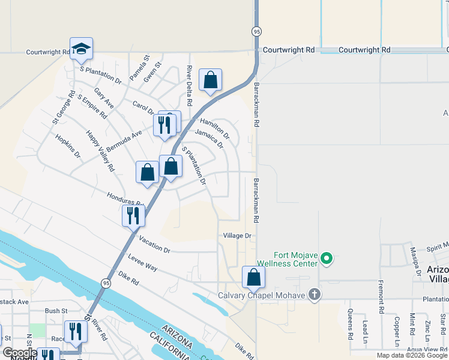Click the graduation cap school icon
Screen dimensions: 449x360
pos(81,49)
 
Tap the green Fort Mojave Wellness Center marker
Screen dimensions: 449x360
pos(327,259)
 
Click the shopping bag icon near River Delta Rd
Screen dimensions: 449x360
pos(210,80)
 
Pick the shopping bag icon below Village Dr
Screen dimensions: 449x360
pos(253,278)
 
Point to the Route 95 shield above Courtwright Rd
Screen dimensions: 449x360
pos(256,31)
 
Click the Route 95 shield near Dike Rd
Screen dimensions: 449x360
pos(106,283)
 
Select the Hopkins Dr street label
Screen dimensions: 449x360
pos(68,146)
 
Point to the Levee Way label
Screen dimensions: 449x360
pos(143,262)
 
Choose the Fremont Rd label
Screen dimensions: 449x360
pos(381,297)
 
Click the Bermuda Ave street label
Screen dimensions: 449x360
pos(125,139)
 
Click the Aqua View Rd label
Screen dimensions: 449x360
pos(426,350)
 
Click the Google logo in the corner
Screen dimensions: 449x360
pos(20,353)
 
